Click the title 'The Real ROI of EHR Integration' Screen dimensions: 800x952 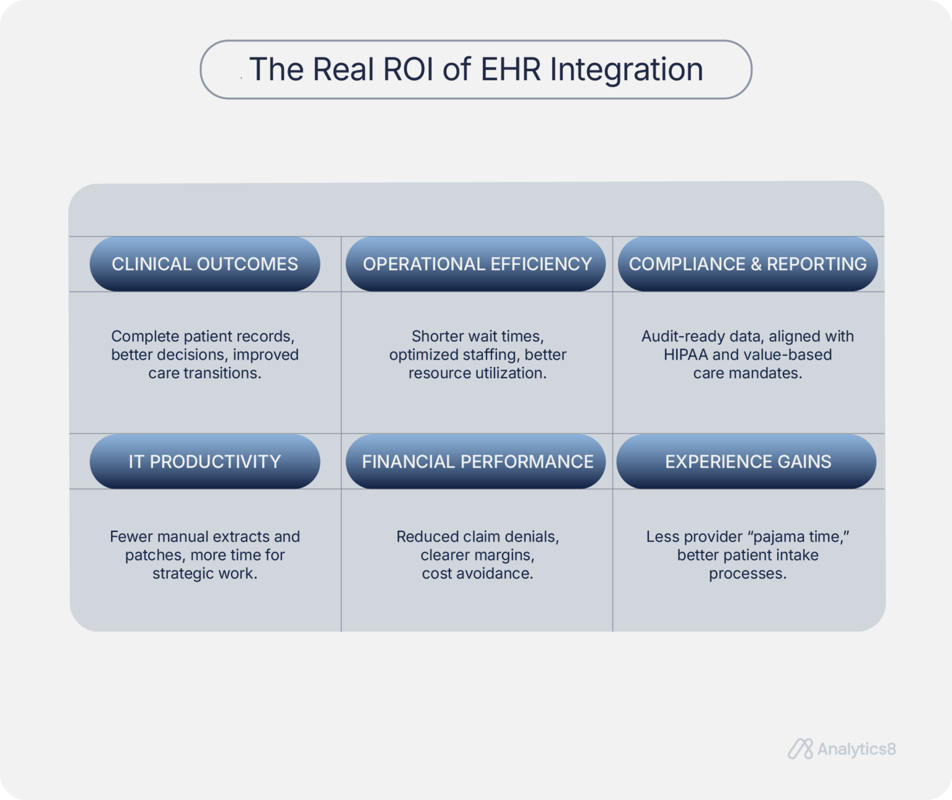point(475,69)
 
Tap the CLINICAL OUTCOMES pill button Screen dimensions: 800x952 point(205,264)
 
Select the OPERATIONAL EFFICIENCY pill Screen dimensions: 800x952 point(477,264)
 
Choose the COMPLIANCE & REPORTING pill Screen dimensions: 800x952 point(747,264)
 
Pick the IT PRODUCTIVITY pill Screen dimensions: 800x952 point(205,461)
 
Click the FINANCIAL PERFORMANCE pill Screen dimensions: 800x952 point(477,461)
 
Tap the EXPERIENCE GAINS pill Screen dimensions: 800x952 point(747,461)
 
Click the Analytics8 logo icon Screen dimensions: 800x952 point(800,749)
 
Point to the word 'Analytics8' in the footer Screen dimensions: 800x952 point(856,749)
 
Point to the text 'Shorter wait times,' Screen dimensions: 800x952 point(477,336)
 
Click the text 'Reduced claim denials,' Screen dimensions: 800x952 point(477,536)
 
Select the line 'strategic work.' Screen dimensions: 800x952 point(205,573)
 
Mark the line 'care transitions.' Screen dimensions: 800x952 point(205,373)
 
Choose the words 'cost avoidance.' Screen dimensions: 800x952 point(477,573)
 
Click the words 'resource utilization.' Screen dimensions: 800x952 point(477,373)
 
